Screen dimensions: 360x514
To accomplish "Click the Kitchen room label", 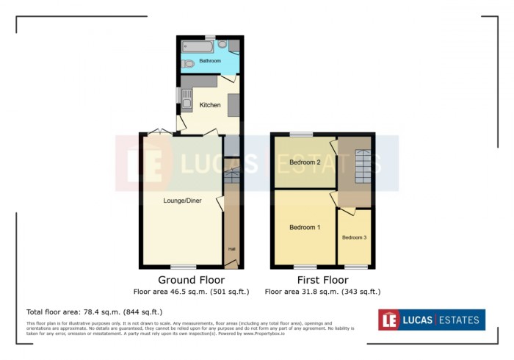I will pyautogui.click(x=210, y=105).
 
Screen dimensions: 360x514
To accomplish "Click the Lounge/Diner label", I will pyautogui.click(x=182, y=201).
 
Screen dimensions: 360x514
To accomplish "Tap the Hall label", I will pyautogui.click(x=231, y=248).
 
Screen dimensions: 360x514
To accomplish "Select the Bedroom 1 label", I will pyautogui.click(x=304, y=228).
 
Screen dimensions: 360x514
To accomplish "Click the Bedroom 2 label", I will pyautogui.click(x=304, y=162).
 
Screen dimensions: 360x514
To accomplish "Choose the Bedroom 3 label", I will pyautogui.click(x=354, y=237).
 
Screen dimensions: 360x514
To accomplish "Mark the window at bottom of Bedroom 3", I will pyautogui.click(x=356, y=267).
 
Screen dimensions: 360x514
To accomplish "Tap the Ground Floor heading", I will pyautogui.click(x=192, y=280).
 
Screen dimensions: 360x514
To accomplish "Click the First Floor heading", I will pyautogui.click(x=322, y=280).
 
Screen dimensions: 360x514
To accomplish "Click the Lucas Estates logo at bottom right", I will pyautogui.click(x=432, y=320).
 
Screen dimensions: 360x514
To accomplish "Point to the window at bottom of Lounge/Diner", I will pyautogui.click(x=184, y=267).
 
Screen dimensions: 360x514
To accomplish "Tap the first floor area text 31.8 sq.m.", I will pyautogui.click(x=322, y=292).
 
